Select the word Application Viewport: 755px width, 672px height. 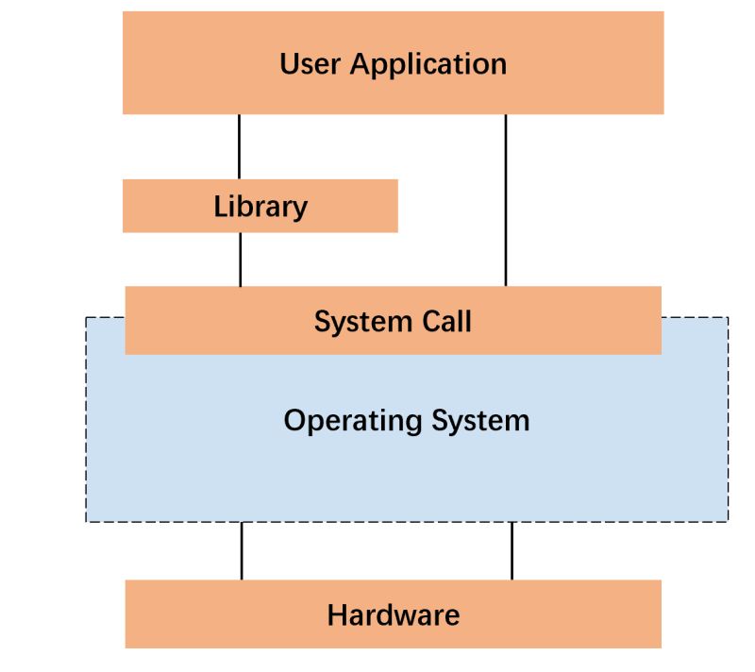point(428,65)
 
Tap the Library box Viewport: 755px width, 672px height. point(260,206)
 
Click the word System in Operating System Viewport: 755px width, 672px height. point(480,420)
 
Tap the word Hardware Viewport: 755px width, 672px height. point(393,615)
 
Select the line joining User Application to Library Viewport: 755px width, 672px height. point(239,146)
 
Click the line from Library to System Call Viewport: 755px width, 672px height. point(241,259)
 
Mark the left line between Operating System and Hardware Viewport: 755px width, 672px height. point(242,550)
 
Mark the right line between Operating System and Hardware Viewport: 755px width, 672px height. point(512,550)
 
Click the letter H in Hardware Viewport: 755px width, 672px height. point(337,615)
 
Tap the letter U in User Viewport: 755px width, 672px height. point(290,64)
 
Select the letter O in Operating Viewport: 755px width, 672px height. point(294,419)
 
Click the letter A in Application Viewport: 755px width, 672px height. point(361,64)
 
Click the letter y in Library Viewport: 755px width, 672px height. point(299,210)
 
